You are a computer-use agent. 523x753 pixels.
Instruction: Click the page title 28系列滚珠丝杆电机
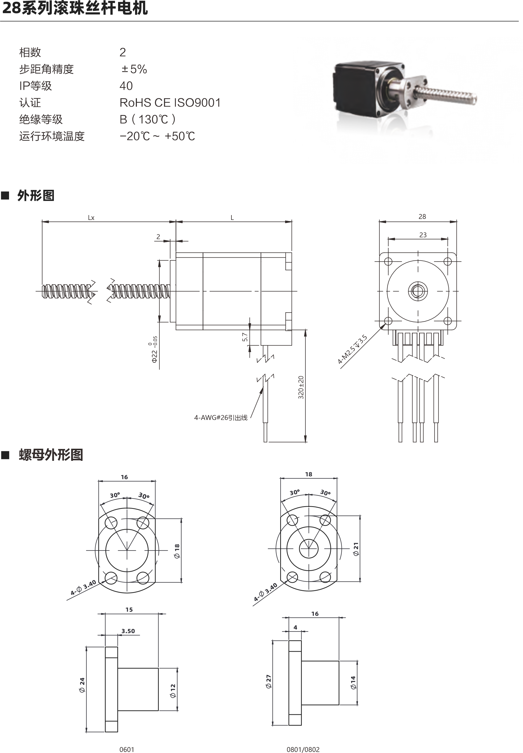(x=75, y=8)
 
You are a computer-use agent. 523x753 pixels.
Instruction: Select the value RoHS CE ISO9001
(x=170, y=103)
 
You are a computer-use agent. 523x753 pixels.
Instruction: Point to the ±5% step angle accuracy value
(x=134, y=69)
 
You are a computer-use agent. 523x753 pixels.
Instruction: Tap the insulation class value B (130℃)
(x=147, y=119)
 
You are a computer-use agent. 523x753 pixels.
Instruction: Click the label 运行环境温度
(x=52, y=136)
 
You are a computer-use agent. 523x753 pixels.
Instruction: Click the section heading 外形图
(x=35, y=196)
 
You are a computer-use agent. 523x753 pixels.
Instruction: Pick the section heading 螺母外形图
(x=51, y=455)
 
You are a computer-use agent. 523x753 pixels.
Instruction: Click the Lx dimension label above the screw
(x=91, y=218)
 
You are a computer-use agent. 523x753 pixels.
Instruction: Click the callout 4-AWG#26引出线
(x=221, y=418)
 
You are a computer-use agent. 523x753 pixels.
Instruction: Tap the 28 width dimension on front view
(x=422, y=217)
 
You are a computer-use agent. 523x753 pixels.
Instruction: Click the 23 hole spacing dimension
(x=423, y=235)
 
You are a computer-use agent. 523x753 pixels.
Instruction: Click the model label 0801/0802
(x=303, y=749)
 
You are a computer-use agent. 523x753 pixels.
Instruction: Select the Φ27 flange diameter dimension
(x=269, y=682)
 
